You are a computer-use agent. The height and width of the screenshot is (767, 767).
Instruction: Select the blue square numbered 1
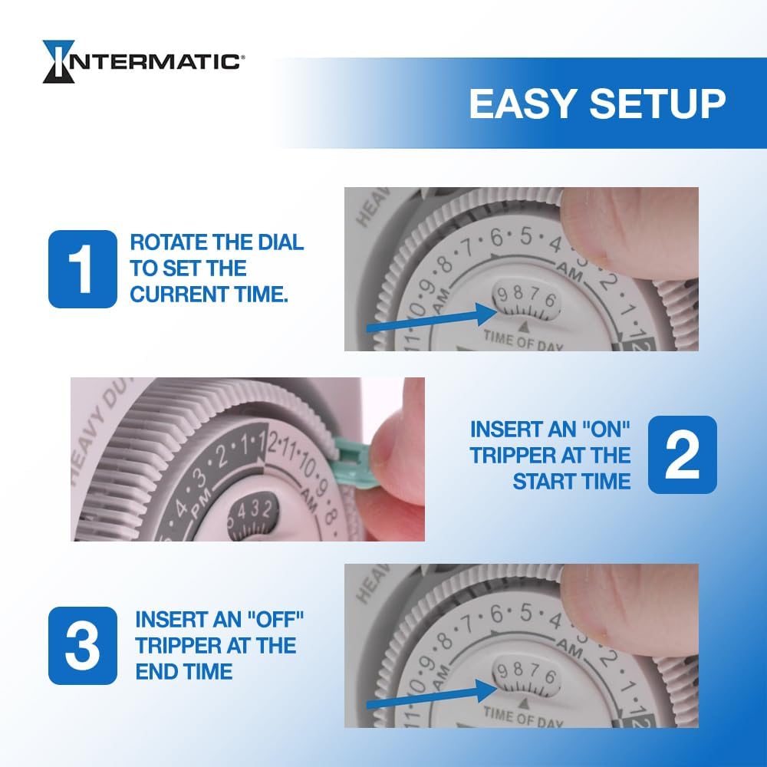[82, 269]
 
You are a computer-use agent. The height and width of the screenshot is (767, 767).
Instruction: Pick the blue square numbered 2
[682, 454]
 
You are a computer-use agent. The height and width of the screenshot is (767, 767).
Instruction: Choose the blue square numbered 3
[82, 645]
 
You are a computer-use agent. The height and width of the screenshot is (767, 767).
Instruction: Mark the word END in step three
[156, 671]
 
